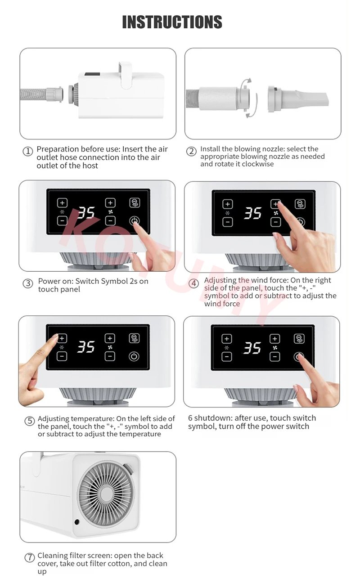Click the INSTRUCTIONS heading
172,22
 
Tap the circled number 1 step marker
28,151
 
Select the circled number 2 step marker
191,151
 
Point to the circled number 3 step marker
28,283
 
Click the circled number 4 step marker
193,283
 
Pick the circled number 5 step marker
29,421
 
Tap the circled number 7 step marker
29,557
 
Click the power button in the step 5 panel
134,356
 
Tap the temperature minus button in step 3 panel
62,221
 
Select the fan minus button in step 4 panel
276,222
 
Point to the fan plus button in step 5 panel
110,338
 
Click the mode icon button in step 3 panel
135,202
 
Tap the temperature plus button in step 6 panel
227,339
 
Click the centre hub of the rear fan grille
107,494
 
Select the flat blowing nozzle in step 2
298,99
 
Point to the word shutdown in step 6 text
213,418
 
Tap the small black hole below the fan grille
77,521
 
